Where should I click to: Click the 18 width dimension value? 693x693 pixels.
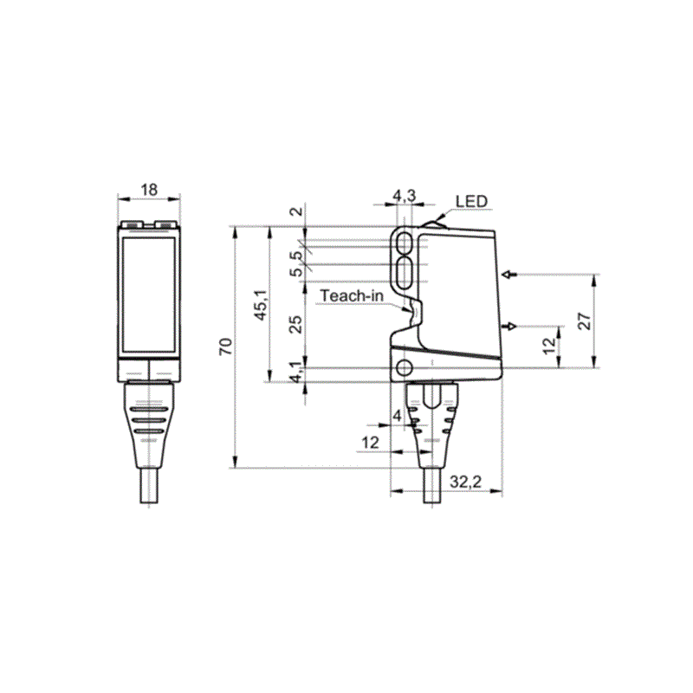coord(149,190)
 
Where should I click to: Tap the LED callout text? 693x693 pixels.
coord(471,202)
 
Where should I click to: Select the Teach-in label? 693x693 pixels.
coord(352,295)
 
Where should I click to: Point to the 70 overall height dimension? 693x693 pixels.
coord(225,346)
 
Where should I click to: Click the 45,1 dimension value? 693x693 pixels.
coord(261,305)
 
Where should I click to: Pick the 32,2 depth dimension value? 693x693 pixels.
coord(466,482)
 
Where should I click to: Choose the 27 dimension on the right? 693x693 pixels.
coord(584,321)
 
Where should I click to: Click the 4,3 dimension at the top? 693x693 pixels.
coord(405,196)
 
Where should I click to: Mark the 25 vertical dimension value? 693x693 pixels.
coord(295,324)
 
